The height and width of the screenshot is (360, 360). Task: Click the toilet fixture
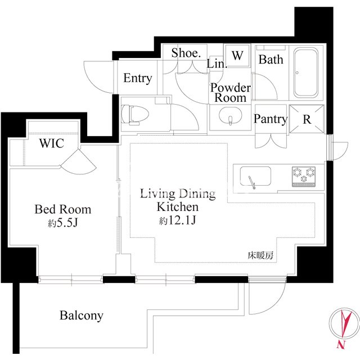pyautogui.click(x=135, y=114)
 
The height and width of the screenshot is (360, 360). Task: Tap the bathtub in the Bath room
pyautogui.click(x=306, y=73)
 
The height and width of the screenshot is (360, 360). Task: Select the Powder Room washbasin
pyautogui.click(x=230, y=116)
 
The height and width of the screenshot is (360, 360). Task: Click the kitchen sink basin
pyautogui.click(x=255, y=176)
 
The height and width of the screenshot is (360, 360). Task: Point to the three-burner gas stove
pyautogui.click(x=304, y=176)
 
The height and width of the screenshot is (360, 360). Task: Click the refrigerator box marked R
pyautogui.click(x=307, y=119)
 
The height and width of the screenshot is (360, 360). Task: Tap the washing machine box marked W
pyautogui.click(x=237, y=55)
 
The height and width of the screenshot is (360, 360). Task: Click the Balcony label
pyautogui.click(x=81, y=316)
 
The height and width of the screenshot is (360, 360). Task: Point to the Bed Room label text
pyautogui.click(x=62, y=209)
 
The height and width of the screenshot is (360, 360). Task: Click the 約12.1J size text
pyautogui.click(x=178, y=221)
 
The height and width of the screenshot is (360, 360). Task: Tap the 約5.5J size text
pyautogui.click(x=63, y=223)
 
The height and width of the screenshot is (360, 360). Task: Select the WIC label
pyautogui.click(x=51, y=143)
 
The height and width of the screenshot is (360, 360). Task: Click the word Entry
pyautogui.click(x=137, y=79)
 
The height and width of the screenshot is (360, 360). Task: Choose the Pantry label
pyautogui.click(x=271, y=119)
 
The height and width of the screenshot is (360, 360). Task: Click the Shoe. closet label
pyautogui.click(x=186, y=53)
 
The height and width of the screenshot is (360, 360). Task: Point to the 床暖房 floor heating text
pyautogui.click(x=260, y=255)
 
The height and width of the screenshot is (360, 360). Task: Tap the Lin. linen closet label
pyautogui.click(x=217, y=64)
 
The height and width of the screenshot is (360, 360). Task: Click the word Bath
pyautogui.click(x=271, y=60)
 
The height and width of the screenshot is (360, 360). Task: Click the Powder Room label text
pyautogui.click(x=231, y=93)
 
